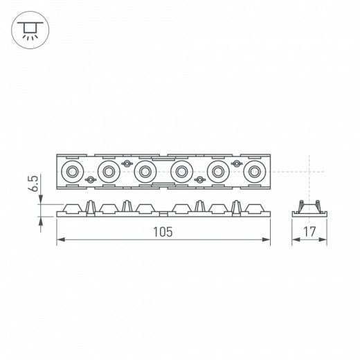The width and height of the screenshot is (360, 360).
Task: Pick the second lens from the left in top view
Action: click(x=108, y=171)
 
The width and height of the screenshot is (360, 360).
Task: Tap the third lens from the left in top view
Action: click(x=145, y=171)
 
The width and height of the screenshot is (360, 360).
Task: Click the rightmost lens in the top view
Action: click(x=255, y=171)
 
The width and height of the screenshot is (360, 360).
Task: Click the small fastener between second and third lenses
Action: click(x=126, y=163)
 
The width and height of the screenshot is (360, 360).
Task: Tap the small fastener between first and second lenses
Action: click(x=89, y=180)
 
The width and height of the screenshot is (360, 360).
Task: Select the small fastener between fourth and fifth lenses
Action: click(x=200, y=180)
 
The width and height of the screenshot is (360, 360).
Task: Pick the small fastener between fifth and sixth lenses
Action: click(x=237, y=163)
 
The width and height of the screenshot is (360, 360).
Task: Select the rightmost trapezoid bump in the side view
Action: click(x=255, y=208)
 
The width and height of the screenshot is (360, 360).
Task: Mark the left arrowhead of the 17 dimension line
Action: click(x=290, y=240)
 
